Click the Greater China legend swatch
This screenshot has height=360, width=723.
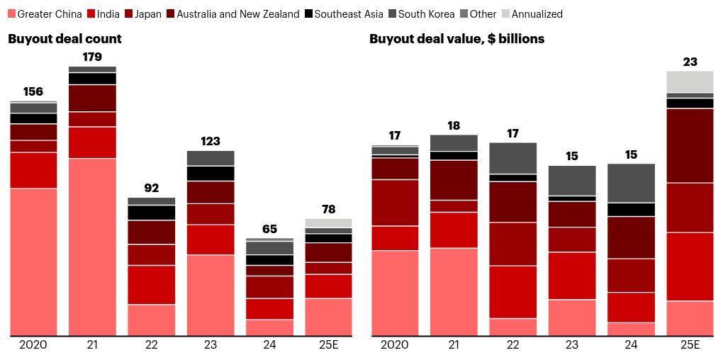(x=11, y=14)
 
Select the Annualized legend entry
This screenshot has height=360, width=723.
(x=537, y=14)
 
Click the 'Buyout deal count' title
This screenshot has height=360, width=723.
(x=65, y=39)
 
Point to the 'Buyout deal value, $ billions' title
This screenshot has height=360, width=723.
(x=456, y=39)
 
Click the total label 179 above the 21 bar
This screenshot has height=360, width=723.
(x=92, y=57)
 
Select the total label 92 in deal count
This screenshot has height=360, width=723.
(x=151, y=188)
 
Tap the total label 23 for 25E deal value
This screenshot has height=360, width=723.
(x=690, y=62)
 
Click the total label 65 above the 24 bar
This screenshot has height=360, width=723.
(x=269, y=228)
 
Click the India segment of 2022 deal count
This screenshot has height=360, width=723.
(x=151, y=284)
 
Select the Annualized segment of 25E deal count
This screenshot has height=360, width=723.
(x=328, y=223)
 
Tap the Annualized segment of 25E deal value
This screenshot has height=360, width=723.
(x=690, y=81)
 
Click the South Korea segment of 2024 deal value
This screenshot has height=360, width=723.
(x=631, y=183)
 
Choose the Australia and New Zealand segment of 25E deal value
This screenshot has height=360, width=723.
(x=690, y=145)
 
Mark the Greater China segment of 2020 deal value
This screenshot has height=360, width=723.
(x=395, y=293)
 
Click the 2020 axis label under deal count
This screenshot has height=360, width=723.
(x=33, y=345)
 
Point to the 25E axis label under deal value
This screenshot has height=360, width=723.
(x=690, y=345)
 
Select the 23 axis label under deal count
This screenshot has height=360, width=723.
(x=211, y=345)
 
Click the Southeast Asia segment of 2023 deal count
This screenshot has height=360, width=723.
(x=211, y=173)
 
